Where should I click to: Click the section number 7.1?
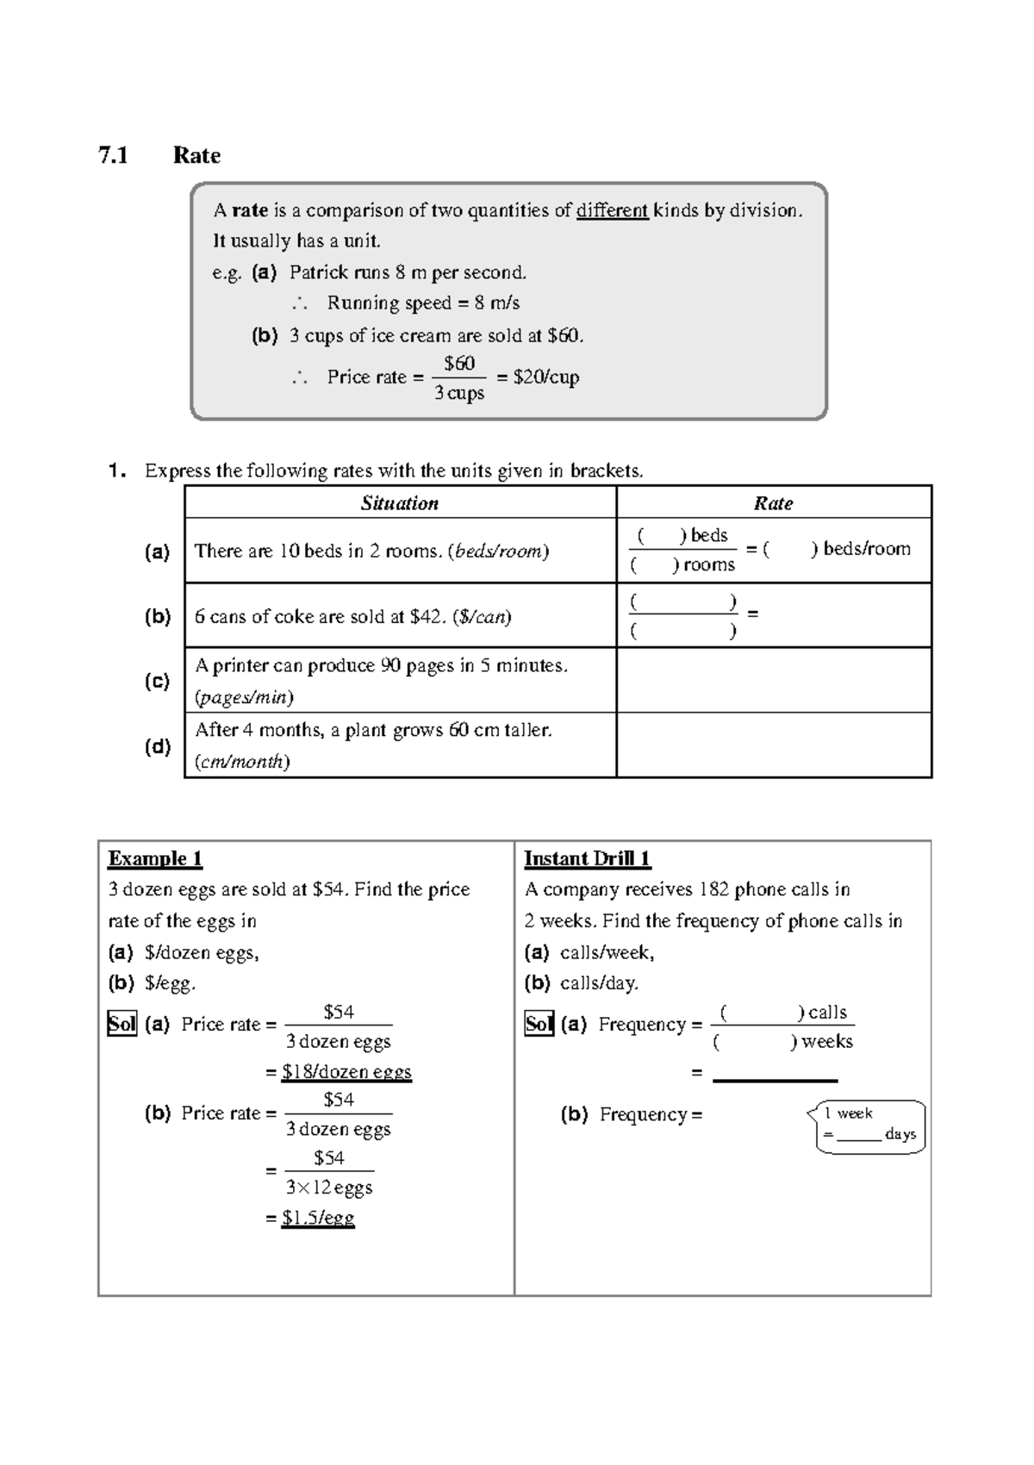click(x=113, y=156)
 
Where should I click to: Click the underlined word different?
click(x=612, y=210)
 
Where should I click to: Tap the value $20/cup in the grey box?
click(x=546, y=377)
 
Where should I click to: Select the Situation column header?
click(x=400, y=503)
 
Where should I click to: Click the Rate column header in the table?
click(x=773, y=503)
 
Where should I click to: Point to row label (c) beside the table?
click(x=157, y=681)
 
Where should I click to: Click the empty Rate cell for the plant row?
click(x=773, y=745)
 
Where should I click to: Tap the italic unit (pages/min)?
click(x=244, y=697)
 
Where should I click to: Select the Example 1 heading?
click(x=155, y=859)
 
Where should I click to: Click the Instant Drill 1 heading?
click(x=587, y=859)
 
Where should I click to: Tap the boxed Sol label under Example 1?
click(x=121, y=1024)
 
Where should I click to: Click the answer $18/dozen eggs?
click(x=346, y=1072)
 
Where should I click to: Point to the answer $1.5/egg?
click(x=318, y=1218)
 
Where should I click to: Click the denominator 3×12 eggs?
click(x=329, y=1188)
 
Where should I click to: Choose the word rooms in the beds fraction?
click(x=708, y=565)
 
